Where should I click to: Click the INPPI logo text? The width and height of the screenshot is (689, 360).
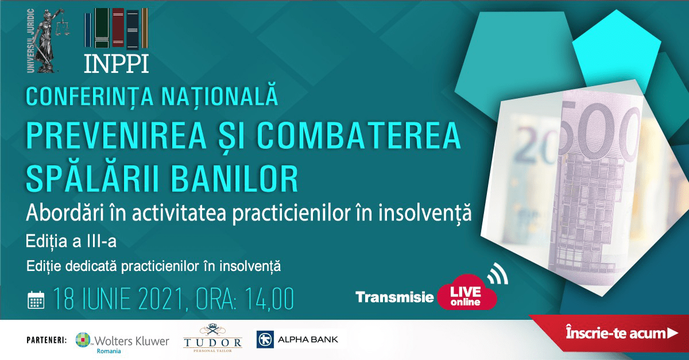116,64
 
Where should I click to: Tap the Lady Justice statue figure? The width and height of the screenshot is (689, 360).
49,40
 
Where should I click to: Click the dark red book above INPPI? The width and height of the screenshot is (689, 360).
118,28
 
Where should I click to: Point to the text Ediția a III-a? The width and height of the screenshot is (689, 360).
71,241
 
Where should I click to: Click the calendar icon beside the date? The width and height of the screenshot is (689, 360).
36,300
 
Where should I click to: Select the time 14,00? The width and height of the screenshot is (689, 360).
269,299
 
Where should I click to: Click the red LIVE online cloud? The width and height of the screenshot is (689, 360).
466,293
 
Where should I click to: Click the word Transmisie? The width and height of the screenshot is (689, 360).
394,297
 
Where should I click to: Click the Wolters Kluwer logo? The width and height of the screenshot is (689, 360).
122,342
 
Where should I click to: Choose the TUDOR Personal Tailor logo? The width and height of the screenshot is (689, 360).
212,338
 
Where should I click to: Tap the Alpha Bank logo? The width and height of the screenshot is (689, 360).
297,339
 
